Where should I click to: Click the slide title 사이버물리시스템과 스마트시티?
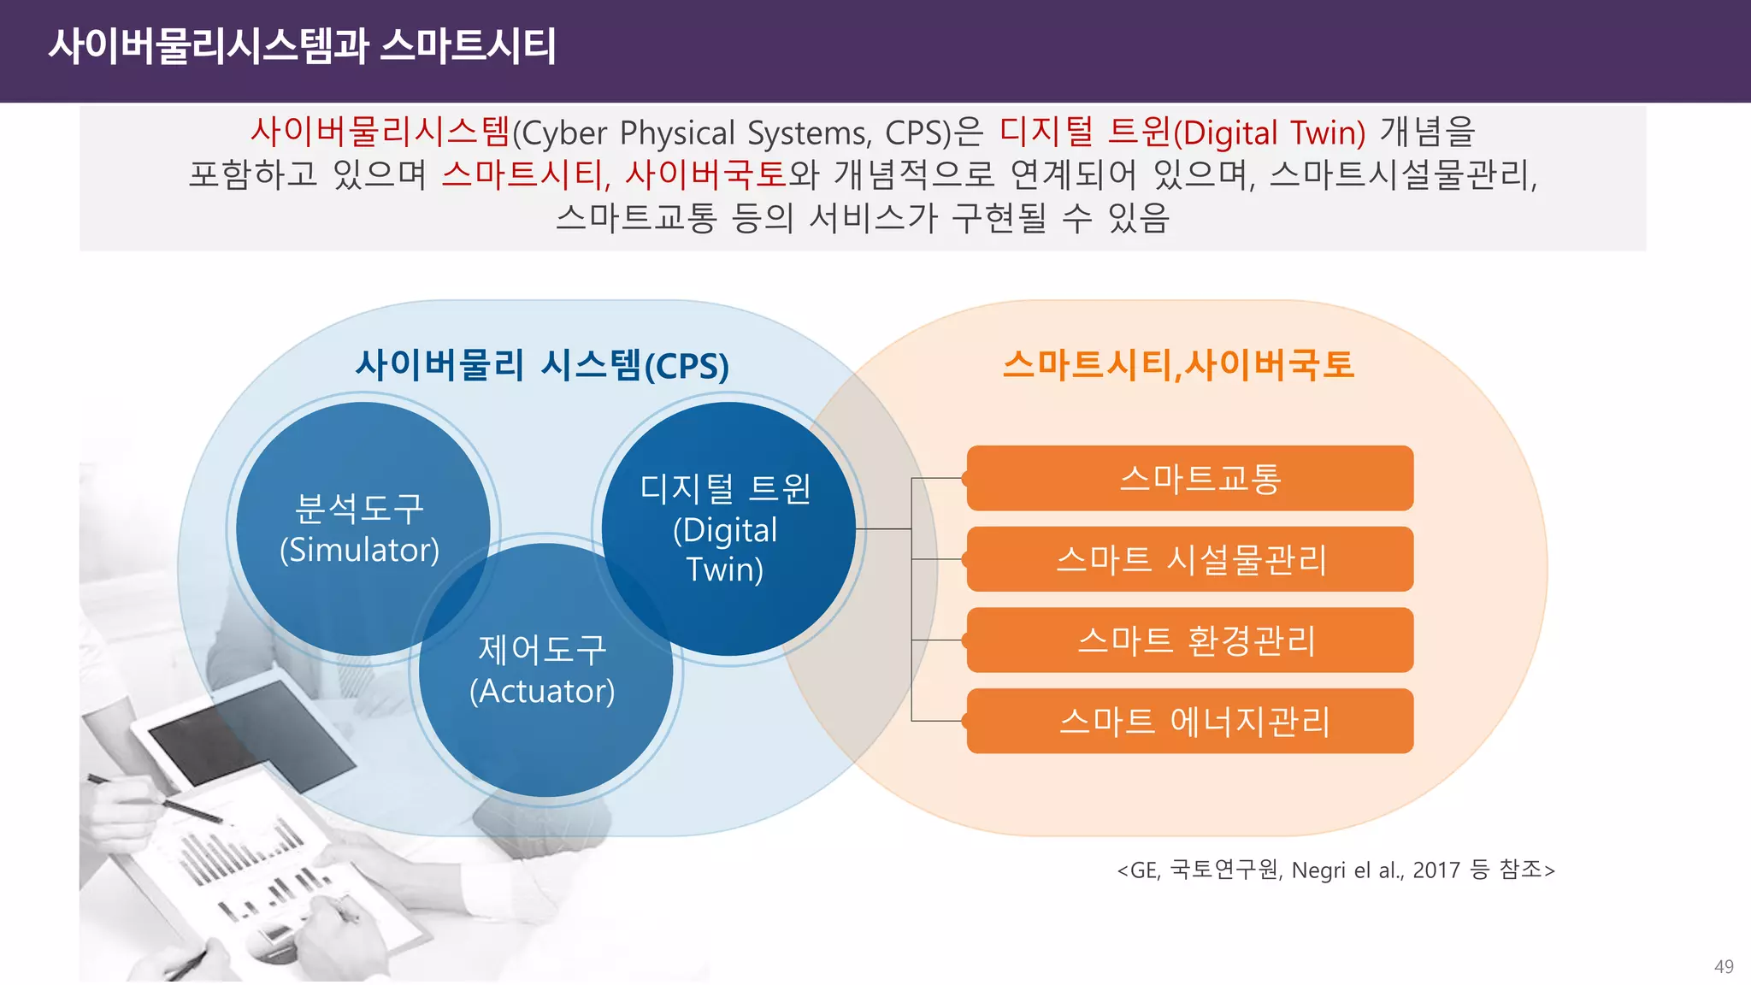coord(302,46)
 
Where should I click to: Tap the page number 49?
coord(1724,966)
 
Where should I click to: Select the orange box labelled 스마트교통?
coord(1190,478)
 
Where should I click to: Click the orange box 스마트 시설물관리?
coord(1190,559)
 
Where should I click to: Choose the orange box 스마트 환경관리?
coord(1190,640)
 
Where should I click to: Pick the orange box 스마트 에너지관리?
coord(1190,721)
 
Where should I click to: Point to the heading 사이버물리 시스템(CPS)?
coord(542,365)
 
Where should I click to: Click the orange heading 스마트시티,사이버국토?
coord(1178,365)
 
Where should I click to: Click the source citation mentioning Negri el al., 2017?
coord(1335,870)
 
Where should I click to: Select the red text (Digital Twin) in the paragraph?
coord(1269,133)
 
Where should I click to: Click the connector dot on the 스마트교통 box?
coord(966,479)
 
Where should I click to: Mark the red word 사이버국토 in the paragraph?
coord(705,175)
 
